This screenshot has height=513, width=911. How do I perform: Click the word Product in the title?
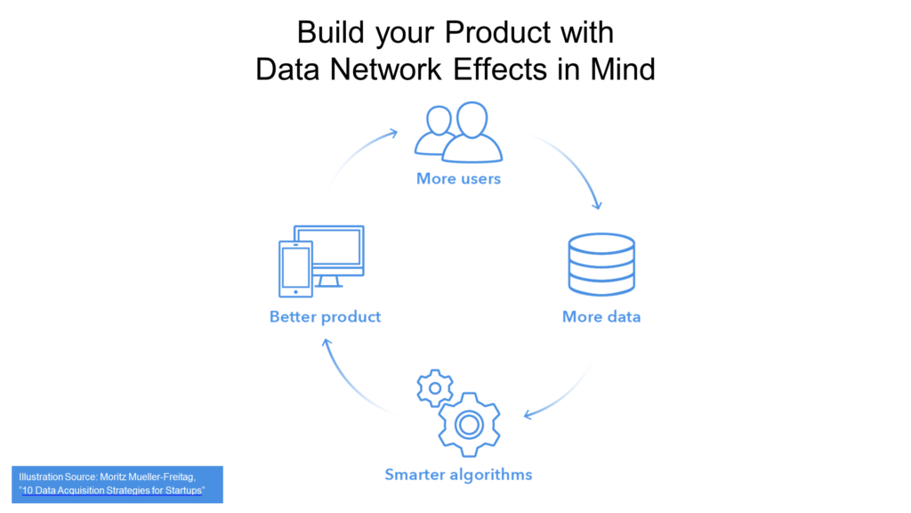(x=497, y=33)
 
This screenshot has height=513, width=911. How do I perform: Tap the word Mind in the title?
(x=623, y=69)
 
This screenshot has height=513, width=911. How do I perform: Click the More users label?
(x=458, y=178)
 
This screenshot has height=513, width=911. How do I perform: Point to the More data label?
(x=601, y=317)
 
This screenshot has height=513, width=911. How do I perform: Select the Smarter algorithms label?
(x=458, y=475)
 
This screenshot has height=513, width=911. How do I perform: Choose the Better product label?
(x=326, y=317)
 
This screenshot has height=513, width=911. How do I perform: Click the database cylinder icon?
(x=601, y=265)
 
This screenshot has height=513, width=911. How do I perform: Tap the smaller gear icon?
(x=434, y=388)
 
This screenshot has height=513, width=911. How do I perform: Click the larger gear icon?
(x=469, y=425)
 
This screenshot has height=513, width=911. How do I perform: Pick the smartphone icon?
(x=295, y=269)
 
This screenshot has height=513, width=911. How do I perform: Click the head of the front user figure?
(x=472, y=120)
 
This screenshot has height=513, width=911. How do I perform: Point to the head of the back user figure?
(x=439, y=121)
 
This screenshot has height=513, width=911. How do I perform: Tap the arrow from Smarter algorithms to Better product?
(x=349, y=383)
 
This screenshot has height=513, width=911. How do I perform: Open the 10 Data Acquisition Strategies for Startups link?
(x=112, y=491)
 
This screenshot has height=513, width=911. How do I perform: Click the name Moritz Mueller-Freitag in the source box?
(x=147, y=477)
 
